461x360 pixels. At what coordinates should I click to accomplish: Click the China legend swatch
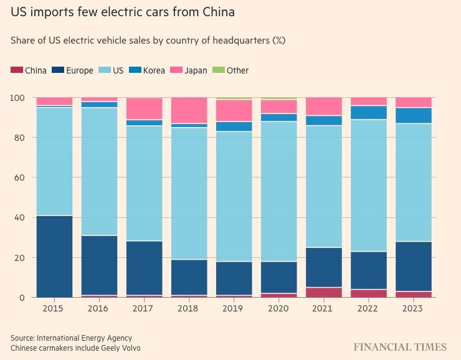pos(16,70)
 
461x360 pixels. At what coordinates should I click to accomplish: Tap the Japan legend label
pos(196,70)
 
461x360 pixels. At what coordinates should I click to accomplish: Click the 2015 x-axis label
pos(54,309)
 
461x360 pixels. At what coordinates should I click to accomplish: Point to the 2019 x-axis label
pos(234,309)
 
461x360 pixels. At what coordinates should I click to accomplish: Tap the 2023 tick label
pos(413,309)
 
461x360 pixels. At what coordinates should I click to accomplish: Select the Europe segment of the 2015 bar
pos(54,256)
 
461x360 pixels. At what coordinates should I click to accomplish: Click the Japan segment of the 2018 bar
pos(189,110)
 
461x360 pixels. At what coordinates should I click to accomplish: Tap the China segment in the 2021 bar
pos(323,292)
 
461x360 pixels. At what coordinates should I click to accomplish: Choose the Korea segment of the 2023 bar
pos(413,115)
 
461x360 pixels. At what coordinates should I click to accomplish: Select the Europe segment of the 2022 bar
pos(368,270)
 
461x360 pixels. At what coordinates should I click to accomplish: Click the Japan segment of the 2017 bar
pos(144,108)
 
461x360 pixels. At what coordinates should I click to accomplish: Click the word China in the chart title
pos(212,12)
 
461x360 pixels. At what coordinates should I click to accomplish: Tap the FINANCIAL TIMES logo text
pos(400,347)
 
